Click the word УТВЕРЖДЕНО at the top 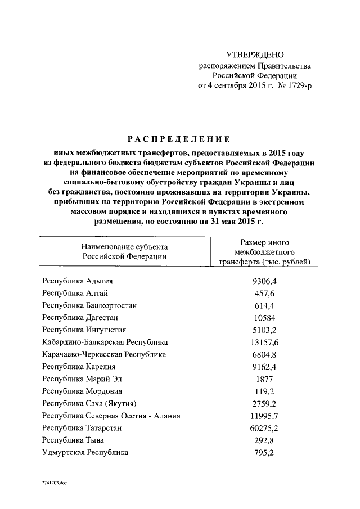click(x=255, y=55)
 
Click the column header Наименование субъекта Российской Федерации click(x=124, y=251)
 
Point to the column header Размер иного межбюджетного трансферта click(x=264, y=251)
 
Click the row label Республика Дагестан click(x=82, y=317)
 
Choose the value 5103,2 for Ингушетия click(x=263, y=330)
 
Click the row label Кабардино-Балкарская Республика click(x=105, y=342)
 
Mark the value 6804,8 click(x=263, y=354)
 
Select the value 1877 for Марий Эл click(x=263, y=379)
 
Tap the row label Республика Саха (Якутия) click(x=89, y=403)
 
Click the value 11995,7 click(x=263, y=416)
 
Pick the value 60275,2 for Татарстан click(x=263, y=428)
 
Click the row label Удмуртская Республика click(x=85, y=452)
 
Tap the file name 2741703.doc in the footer click(x=54, y=483)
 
